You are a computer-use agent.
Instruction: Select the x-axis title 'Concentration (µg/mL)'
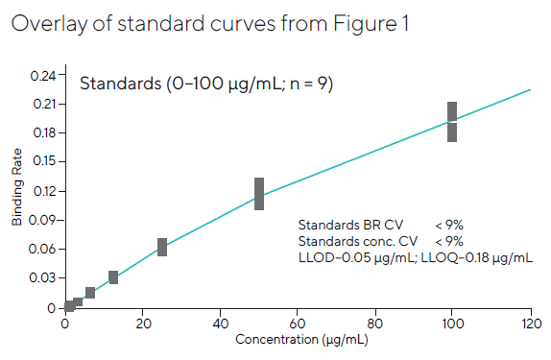(x=299, y=339)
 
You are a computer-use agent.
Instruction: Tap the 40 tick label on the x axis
(x=220, y=324)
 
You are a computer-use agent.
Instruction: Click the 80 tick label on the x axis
(x=375, y=324)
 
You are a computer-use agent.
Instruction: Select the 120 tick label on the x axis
(x=530, y=324)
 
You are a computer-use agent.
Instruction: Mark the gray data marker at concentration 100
(x=452, y=121)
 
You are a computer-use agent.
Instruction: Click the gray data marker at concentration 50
(x=259, y=193)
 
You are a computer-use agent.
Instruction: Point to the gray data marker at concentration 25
(x=162, y=247)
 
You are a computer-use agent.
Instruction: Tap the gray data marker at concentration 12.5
(x=113, y=277)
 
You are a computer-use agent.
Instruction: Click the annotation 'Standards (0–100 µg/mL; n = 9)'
(x=205, y=84)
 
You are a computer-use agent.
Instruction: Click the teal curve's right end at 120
(x=530, y=90)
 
